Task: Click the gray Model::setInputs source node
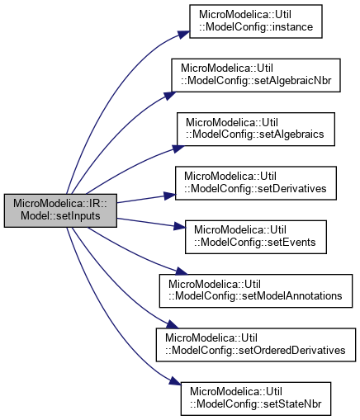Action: [60, 210]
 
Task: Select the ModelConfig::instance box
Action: [256, 21]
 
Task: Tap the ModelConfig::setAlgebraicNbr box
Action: [256, 75]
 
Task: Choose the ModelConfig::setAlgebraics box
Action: [256, 129]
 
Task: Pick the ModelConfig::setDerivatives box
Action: [256, 183]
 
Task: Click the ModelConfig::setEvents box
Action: [256, 237]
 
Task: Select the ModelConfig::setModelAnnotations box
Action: [256, 290]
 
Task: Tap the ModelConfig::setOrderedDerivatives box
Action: [256, 345]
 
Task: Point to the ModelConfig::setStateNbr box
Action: [256, 399]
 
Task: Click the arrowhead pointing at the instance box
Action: [184, 35]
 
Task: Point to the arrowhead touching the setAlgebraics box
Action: [178, 149]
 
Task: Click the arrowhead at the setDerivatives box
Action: [170, 196]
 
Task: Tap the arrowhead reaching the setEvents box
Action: [179, 226]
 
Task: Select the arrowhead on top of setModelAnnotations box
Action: [182, 271]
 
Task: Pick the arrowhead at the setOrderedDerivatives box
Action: [173, 324]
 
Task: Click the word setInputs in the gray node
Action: [78, 216]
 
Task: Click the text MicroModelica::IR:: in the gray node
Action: [60, 204]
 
